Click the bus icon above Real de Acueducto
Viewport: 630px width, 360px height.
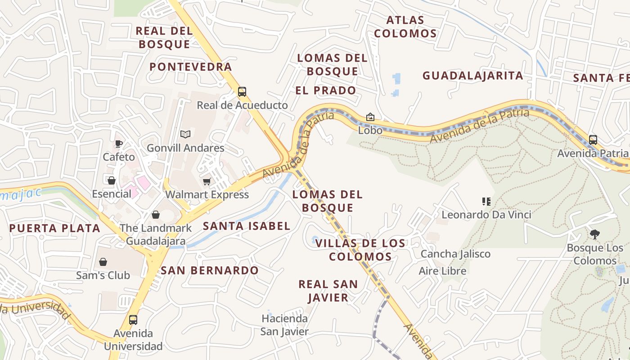[x=242, y=92]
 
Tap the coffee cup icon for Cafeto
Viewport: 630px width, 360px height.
[x=118, y=144]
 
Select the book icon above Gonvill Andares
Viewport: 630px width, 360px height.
[x=185, y=134]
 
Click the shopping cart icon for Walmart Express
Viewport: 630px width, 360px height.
[x=207, y=181]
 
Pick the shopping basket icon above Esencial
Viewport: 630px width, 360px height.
[x=111, y=180]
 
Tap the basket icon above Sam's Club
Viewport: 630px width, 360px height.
[x=103, y=262]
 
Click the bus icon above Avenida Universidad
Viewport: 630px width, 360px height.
[x=133, y=320]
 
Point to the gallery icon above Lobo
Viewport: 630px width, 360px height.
[x=370, y=117]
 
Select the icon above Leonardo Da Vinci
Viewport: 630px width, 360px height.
[x=486, y=201]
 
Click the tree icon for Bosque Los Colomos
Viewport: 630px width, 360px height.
[x=595, y=234]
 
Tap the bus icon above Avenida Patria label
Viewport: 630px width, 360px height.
[x=593, y=139]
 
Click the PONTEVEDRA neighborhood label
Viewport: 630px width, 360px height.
[x=191, y=67]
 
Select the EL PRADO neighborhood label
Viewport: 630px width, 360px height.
[x=326, y=90]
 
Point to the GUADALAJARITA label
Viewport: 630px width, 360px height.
[x=472, y=76]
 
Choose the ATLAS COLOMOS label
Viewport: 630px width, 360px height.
[x=405, y=27]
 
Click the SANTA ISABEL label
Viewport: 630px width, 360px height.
[x=247, y=226]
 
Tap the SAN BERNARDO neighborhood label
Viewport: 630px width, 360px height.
[x=210, y=270]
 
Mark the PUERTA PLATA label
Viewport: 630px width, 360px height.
[x=55, y=228]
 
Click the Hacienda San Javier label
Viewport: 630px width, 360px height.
[x=285, y=325]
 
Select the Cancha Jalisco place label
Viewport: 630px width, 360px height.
[x=455, y=254]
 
